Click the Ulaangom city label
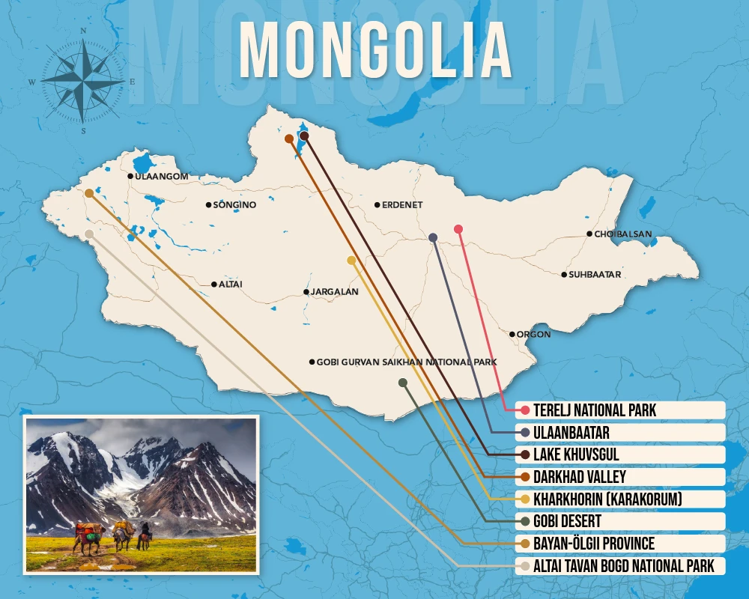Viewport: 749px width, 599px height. click(161, 177)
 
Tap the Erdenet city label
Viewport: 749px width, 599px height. click(402, 204)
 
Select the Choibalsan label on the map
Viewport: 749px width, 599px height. click(622, 234)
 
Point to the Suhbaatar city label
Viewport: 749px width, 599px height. click(594, 275)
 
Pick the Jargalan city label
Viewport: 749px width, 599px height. click(335, 292)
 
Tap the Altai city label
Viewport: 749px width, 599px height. click(230, 285)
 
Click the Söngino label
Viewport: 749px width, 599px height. click(234, 204)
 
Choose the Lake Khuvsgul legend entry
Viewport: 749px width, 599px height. click(576, 454)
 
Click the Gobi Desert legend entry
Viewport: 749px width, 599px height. click(567, 521)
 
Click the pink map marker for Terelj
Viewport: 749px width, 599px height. click(458, 229)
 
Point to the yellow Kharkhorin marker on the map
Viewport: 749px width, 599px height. click(351, 260)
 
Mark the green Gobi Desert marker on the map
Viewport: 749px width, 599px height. click(403, 383)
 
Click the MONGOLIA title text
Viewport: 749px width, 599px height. click(374, 51)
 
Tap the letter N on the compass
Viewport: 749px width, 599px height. click(83, 31)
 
